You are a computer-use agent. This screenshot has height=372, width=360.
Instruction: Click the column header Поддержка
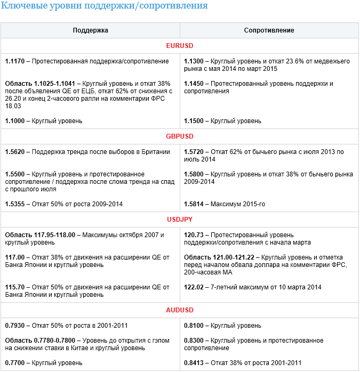(90, 30)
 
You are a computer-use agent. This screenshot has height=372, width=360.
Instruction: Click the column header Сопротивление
(269, 30)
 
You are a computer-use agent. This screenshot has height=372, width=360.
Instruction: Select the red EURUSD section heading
(180, 46)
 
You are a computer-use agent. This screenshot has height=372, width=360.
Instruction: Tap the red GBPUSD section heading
(180, 136)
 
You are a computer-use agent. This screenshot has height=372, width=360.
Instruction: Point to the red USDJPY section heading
(180, 219)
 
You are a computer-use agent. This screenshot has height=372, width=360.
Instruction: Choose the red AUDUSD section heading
(180, 310)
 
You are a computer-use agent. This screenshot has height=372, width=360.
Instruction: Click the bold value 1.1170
(15, 61)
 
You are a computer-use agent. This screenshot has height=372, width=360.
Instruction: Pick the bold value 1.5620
(15, 152)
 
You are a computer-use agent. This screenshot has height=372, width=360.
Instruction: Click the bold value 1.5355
(15, 204)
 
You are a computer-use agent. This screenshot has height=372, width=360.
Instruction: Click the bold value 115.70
(15, 287)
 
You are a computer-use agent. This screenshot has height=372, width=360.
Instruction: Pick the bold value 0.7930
(15, 325)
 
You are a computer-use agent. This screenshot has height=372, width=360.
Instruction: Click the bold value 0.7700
(15, 363)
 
